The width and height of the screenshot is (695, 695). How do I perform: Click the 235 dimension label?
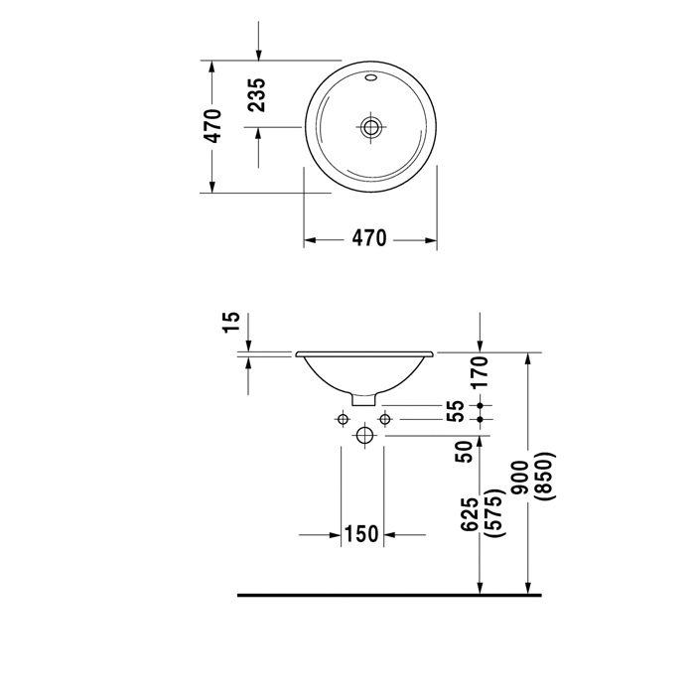click(257, 95)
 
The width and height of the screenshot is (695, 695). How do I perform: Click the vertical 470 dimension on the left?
click(213, 126)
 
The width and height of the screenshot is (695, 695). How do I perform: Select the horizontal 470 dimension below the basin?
click(369, 238)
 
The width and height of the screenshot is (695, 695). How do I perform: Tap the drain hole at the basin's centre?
click(370, 127)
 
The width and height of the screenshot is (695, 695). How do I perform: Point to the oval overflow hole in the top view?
click(370, 78)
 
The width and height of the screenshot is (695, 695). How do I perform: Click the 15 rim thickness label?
click(231, 322)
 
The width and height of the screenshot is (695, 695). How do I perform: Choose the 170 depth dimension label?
click(480, 372)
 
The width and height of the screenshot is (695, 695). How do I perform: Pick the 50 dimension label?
click(464, 452)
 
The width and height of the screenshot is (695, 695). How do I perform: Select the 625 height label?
click(471, 514)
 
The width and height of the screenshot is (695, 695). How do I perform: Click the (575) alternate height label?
click(495, 513)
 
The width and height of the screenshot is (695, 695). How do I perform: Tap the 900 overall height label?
click(519, 478)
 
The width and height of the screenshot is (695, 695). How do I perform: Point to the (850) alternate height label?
click(545, 477)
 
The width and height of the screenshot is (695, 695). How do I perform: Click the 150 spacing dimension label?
click(361, 534)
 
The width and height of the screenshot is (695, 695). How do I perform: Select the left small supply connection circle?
click(344, 419)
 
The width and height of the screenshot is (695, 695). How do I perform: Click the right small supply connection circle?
click(385, 419)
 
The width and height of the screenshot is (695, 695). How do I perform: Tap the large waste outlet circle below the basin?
click(364, 436)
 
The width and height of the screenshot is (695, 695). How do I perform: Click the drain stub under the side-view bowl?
click(364, 399)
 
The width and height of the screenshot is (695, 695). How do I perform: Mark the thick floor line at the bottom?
click(389, 596)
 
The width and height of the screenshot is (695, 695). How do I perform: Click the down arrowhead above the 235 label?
click(259, 55)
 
